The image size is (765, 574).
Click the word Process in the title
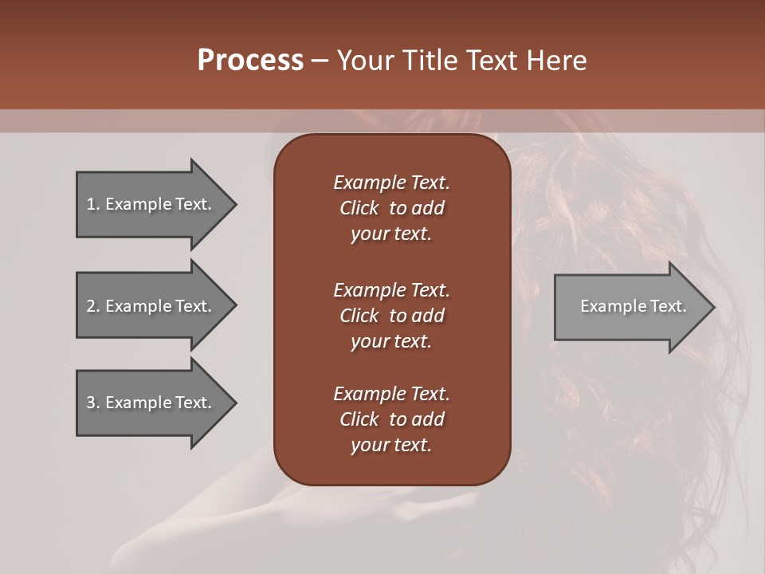250,60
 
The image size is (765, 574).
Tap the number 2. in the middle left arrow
93,306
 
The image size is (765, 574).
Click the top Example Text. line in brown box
391,183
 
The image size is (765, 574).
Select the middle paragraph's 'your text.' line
391,341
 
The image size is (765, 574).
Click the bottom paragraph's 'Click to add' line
391,419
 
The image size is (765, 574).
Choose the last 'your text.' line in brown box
391,446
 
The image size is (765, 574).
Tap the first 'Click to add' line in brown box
391,208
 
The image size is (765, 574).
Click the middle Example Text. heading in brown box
391,289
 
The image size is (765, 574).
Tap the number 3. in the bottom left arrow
93,403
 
